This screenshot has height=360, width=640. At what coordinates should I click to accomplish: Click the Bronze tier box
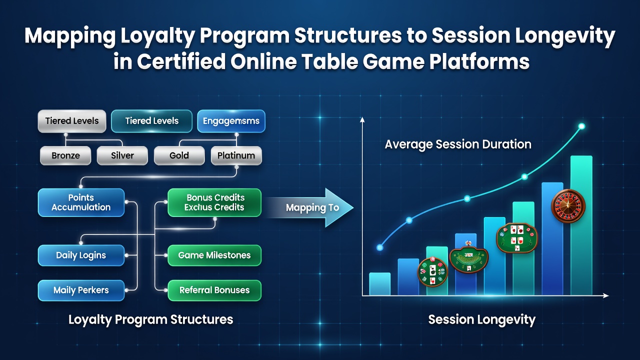click(x=65, y=155)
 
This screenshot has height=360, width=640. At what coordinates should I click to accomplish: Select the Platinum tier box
click(x=236, y=155)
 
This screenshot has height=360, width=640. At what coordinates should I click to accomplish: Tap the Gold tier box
click(x=179, y=155)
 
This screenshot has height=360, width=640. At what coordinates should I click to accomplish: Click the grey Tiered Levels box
click(x=72, y=121)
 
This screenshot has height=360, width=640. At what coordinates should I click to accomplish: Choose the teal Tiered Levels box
click(x=151, y=121)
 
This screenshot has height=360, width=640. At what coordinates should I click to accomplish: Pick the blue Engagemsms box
click(x=231, y=121)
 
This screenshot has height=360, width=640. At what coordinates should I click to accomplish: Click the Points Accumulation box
click(x=81, y=202)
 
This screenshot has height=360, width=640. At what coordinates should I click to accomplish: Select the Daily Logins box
click(x=81, y=255)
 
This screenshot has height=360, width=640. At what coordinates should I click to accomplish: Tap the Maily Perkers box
click(x=81, y=290)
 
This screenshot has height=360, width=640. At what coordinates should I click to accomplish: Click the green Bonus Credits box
click(x=214, y=202)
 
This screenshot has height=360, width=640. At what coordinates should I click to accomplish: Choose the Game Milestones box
click(x=214, y=255)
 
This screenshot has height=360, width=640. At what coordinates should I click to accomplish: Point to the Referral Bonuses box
click(x=214, y=290)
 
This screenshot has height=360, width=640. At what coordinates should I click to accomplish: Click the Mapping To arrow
click(x=311, y=207)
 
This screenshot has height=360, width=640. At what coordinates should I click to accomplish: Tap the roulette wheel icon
click(x=568, y=205)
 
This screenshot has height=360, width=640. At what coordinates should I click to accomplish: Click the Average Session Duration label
click(x=458, y=144)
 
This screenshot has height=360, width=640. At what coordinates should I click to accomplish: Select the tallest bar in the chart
click(x=581, y=225)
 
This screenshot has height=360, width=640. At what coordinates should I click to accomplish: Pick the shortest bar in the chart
click(x=379, y=284)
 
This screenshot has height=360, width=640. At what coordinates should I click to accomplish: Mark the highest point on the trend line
click(x=581, y=126)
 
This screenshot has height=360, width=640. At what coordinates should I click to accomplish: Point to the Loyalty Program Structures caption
click(x=151, y=319)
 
